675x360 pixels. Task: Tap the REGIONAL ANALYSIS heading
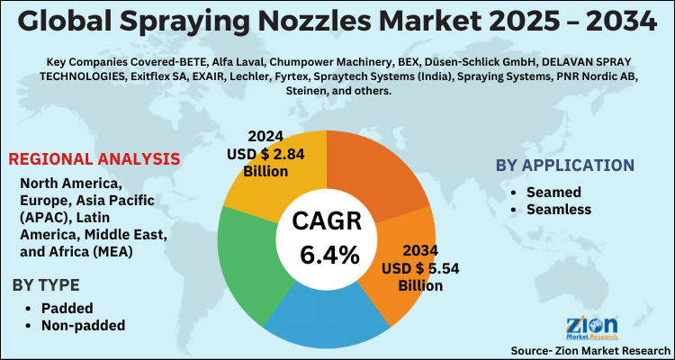coord(94,159)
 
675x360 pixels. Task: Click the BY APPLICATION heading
coord(564,166)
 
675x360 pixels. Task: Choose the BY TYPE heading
coord(49,286)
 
